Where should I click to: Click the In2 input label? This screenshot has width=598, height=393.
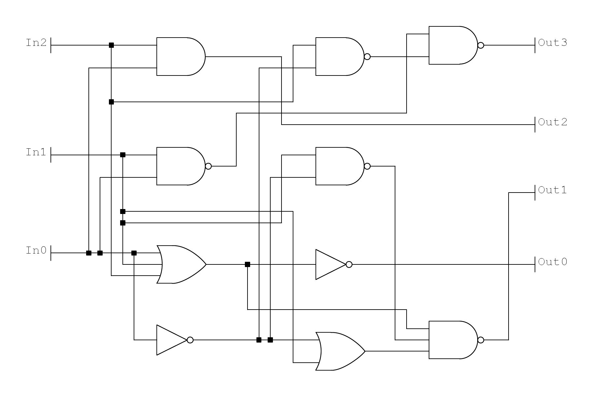tap(36, 43)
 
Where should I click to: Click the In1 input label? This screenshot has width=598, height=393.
tap(36, 152)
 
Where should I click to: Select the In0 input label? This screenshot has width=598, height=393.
tap(36, 251)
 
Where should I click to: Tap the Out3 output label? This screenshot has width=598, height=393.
tap(552, 43)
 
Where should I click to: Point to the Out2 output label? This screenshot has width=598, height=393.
tap(552, 122)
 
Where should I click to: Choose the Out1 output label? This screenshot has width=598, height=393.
tap(552, 190)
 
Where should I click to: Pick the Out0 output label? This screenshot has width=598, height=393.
tap(552, 262)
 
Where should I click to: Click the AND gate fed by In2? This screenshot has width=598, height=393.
tap(180, 56)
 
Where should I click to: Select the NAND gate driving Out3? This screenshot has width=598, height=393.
tap(452, 45)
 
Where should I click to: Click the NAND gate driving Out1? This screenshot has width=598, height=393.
tap(452, 340)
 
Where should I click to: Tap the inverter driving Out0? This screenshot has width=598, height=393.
tap(330, 264)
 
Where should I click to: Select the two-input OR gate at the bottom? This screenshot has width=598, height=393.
tap(340, 351)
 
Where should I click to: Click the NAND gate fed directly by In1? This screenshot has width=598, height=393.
tap(180, 166)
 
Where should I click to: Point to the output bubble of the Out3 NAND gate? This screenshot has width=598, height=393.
tap(481, 45)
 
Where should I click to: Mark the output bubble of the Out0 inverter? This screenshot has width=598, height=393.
tap(349, 264)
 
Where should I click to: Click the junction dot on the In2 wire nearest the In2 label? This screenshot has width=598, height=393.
tap(111, 45)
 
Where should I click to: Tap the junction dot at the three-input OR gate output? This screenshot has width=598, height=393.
tap(248, 264)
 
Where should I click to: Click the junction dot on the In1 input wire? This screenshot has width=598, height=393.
tap(123, 155)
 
